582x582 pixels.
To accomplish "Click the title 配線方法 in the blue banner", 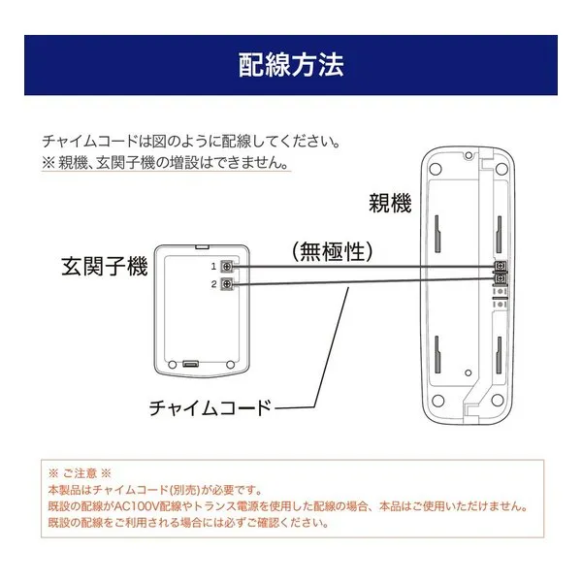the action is click(291, 65).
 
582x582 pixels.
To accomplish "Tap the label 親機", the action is click(390, 203).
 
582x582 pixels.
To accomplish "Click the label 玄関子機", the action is click(105, 266).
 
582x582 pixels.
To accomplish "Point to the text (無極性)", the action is click(332, 251).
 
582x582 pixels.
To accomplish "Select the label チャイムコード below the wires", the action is click(210, 407).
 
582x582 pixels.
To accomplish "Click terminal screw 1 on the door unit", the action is click(227, 266).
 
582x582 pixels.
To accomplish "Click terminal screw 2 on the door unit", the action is click(227, 284).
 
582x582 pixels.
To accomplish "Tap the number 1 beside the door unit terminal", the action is click(213, 266).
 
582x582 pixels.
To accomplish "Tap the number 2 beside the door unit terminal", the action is click(213, 284).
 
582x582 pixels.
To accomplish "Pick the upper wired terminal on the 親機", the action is click(501, 266).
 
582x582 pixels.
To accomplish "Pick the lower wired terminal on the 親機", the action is click(501, 278).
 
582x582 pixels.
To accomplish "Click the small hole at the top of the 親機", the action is click(469, 155).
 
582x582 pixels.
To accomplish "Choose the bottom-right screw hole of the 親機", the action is click(498, 400).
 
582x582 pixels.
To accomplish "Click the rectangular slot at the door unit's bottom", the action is click(191, 364).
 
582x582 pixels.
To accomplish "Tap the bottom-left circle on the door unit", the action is click(173, 364).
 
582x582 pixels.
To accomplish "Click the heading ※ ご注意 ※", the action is click(80, 473).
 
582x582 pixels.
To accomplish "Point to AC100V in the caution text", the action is click(138, 506).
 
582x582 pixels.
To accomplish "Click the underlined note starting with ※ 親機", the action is click(166, 163).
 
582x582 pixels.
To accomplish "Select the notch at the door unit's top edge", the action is click(202, 245).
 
